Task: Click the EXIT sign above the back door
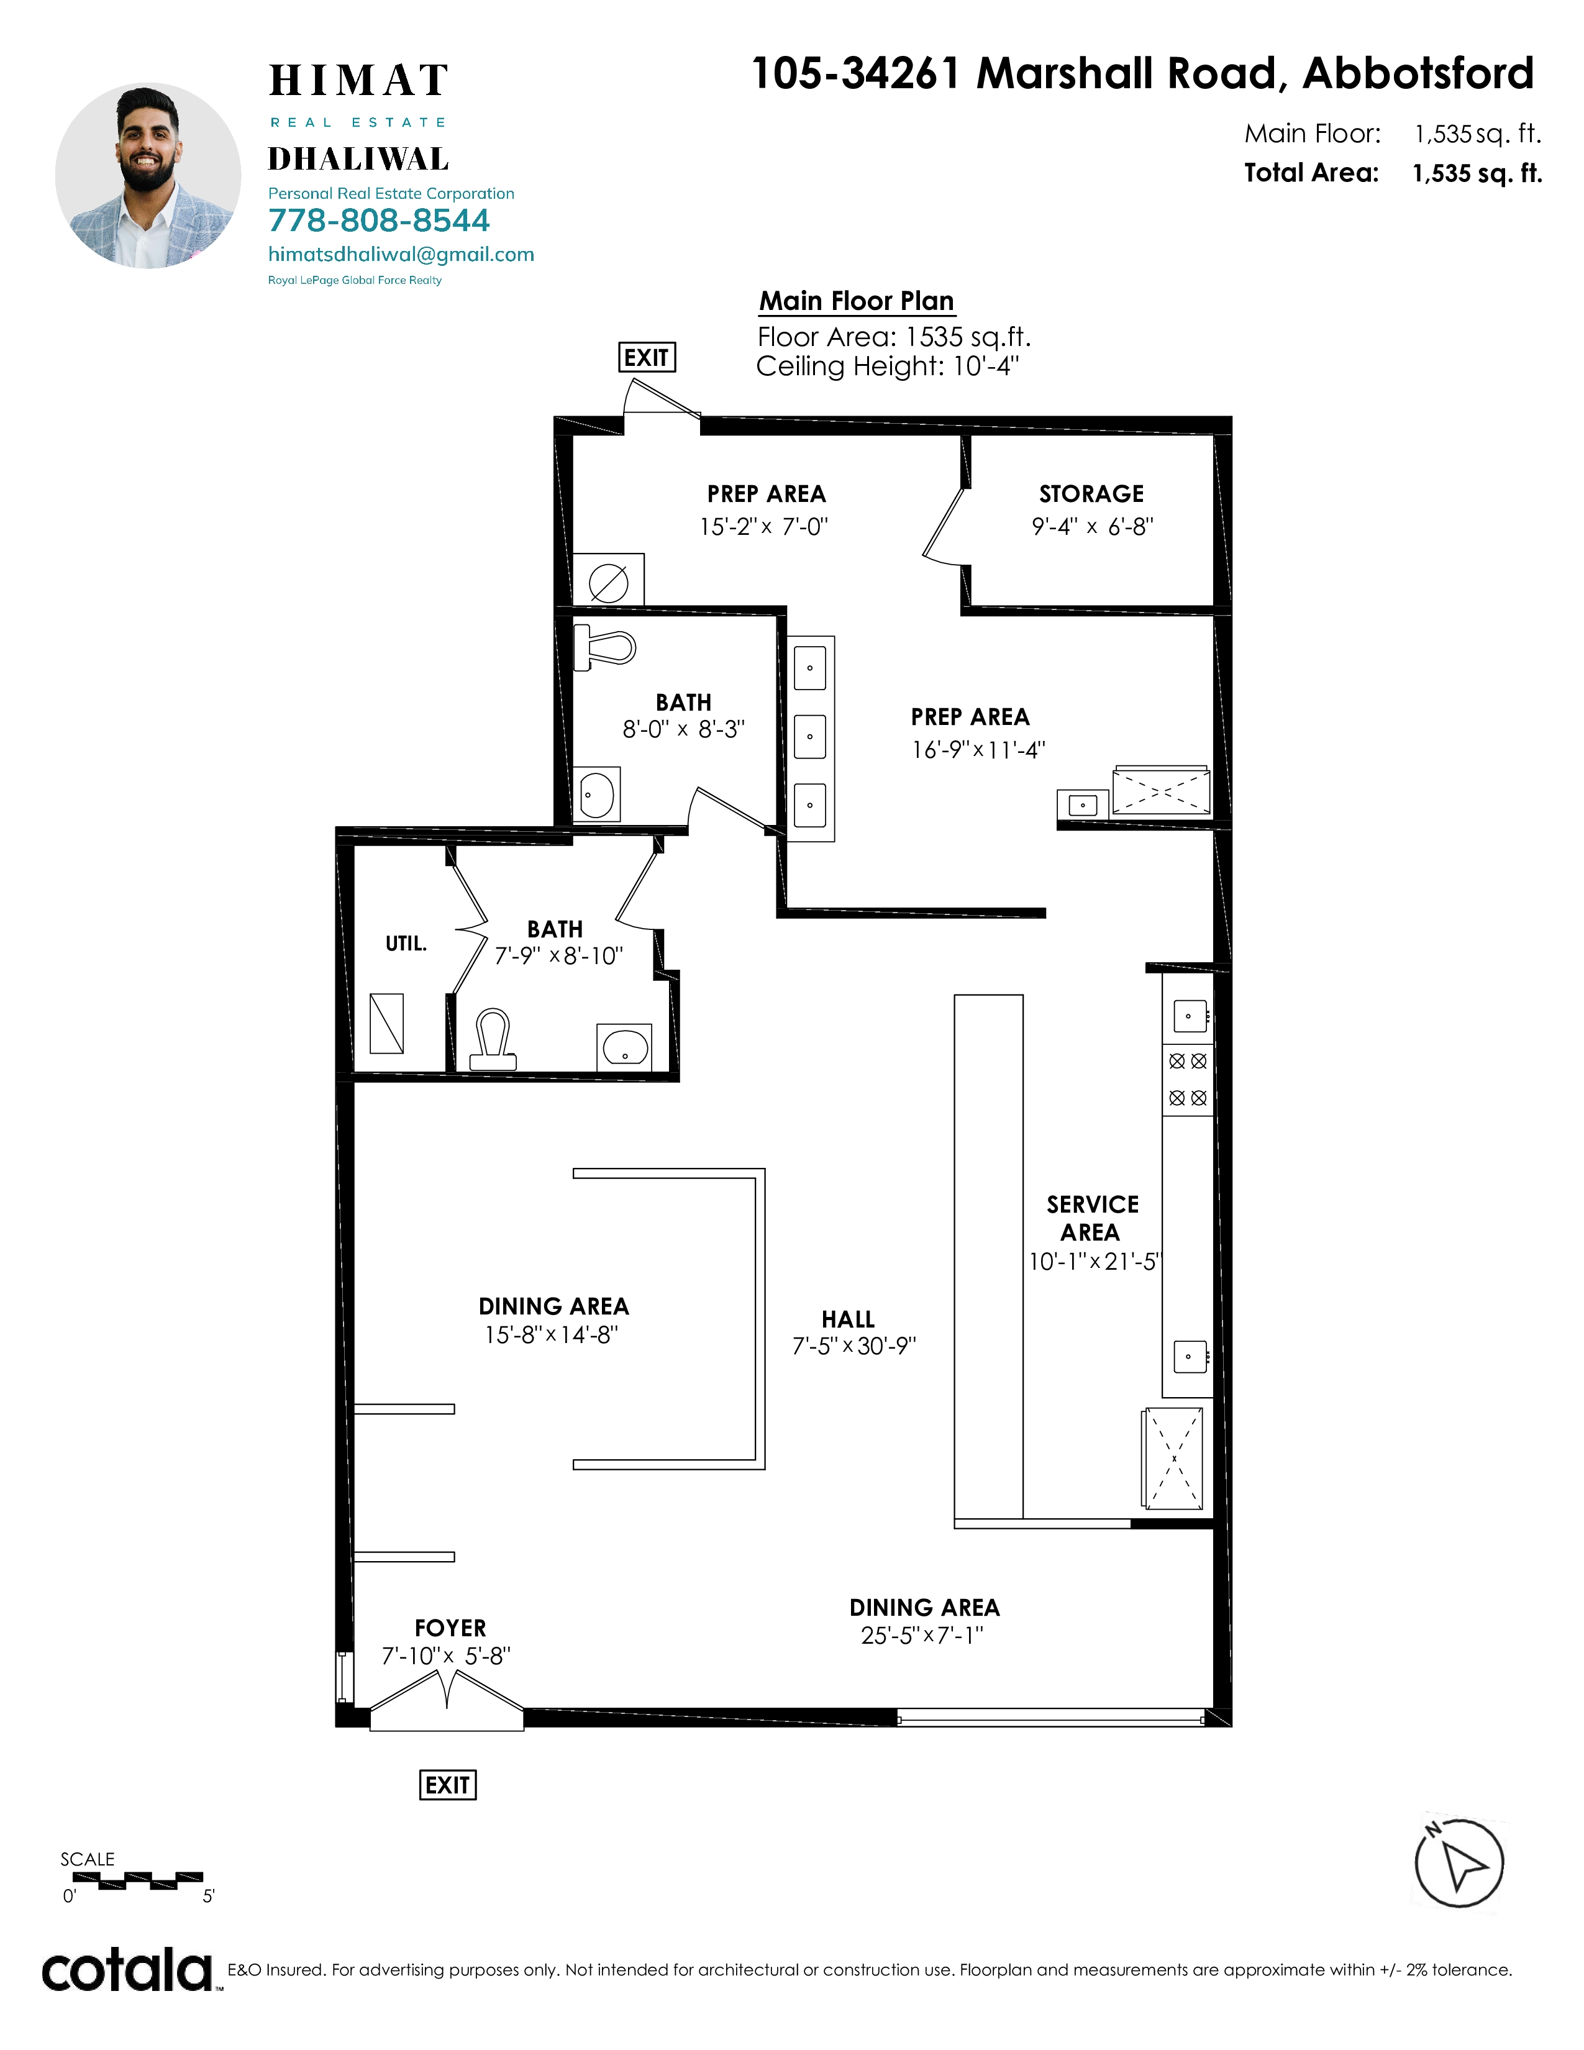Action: [647, 358]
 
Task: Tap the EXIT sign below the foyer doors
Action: [448, 1784]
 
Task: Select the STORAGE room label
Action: [1091, 494]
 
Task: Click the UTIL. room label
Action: [406, 944]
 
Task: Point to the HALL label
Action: [849, 1319]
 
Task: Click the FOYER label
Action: [450, 1628]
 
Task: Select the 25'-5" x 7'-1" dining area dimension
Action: [922, 1635]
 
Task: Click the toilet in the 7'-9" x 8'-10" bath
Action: [493, 1039]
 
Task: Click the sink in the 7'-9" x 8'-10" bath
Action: [625, 1047]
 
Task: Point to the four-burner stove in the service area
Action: [1188, 1080]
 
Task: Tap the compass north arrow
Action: [1459, 1863]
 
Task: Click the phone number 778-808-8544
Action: [379, 221]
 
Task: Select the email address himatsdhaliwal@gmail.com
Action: [402, 254]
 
